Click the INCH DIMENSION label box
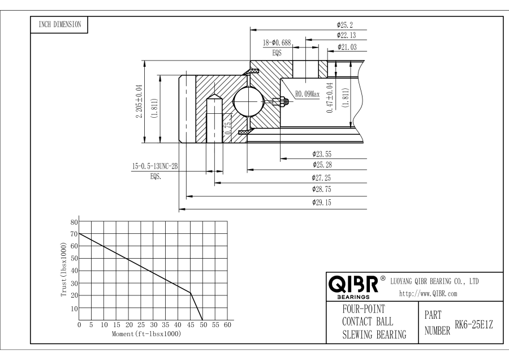coord(59,24)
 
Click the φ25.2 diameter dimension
coord(341,25)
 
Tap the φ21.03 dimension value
coord(346,47)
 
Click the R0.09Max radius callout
coord(308,95)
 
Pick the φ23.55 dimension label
coord(322,153)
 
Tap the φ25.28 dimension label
coord(322,165)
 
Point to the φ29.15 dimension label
coord(322,203)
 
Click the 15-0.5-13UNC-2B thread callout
coord(154,166)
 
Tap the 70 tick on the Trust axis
coord(74,234)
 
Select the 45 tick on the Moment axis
coord(190,325)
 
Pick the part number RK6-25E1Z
coord(475,324)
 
